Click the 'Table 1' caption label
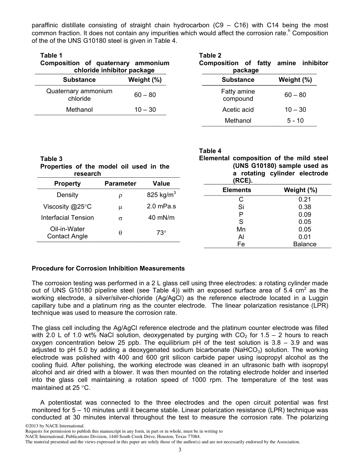coord(52,56)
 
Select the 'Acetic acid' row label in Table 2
coord(238,110)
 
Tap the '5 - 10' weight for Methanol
coord(295,121)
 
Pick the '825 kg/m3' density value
coord(161,195)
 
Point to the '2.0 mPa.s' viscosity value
coord(161,206)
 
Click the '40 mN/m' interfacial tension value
coord(161,218)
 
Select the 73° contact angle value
coord(161,233)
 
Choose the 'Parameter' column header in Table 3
coord(120,184)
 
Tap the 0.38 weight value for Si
coord(305,207)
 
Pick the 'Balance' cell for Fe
coord(305,244)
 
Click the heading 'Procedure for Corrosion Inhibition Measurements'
coord(108,269)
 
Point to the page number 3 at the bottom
coord(180,450)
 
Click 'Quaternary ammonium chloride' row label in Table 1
coord(79,95)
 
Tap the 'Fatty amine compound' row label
coord(238,95)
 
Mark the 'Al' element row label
coord(241,237)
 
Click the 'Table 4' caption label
coord(210,151)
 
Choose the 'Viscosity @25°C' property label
coord(67,207)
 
